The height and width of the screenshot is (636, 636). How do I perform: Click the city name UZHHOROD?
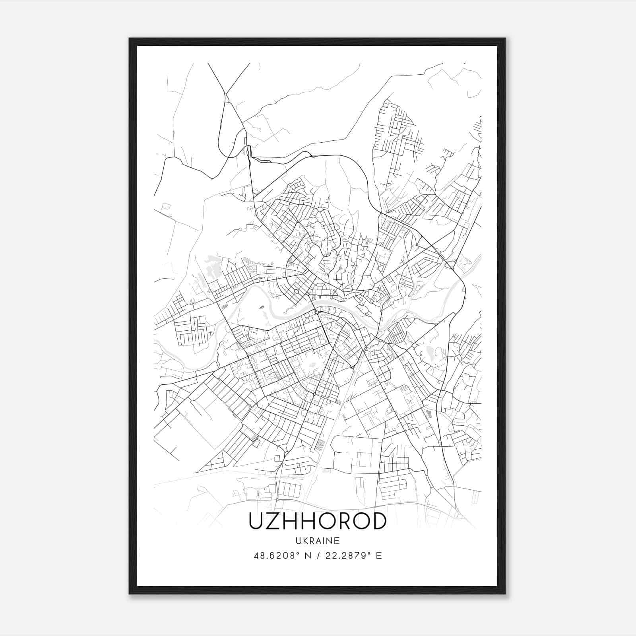tap(318, 521)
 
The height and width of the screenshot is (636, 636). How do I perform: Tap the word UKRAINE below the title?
tap(318, 541)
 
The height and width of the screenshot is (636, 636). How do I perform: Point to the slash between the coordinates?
tap(318, 556)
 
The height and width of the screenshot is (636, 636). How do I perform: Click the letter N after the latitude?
tap(307, 556)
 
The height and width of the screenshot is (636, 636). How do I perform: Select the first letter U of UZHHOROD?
tap(256, 521)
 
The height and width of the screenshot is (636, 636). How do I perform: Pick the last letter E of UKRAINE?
tap(337, 541)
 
